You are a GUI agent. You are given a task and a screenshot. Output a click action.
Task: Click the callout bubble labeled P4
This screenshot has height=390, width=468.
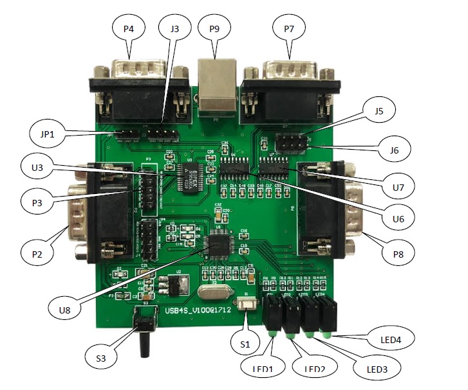pyautogui.click(x=128, y=28)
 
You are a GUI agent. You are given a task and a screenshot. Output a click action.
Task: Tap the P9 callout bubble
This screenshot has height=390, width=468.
pyautogui.click(x=214, y=28)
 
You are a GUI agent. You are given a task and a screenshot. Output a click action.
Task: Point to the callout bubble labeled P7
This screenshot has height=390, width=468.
pyautogui.click(x=288, y=28)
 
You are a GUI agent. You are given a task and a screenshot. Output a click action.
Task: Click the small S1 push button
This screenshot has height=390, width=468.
pyautogui.click(x=245, y=303)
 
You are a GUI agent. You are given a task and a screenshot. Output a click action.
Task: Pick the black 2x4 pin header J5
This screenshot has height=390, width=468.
pyautogui.click(x=290, y=141)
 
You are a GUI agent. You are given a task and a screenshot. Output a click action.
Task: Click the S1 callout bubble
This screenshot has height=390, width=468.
pyautogui.click(x=244, y=344)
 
